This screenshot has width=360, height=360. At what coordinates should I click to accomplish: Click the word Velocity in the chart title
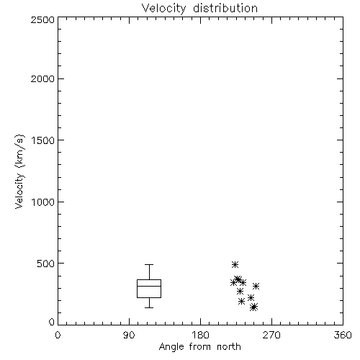tap(163, 9)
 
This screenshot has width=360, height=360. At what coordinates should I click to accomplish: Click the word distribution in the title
tap(225, 8)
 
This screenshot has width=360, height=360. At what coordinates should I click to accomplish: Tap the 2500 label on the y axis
tap(42, 19)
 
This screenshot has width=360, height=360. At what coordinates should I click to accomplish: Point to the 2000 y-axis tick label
tap(42, 78)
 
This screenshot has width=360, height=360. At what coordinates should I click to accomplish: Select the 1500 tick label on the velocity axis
tap(43, 140)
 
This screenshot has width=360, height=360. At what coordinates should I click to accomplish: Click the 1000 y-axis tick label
tap(43, 202)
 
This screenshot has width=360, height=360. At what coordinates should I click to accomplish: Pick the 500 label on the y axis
tap(46, 264)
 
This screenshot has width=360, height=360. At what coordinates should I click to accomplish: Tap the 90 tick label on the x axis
tap(129, 335)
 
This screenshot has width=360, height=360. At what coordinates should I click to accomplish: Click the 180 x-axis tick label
tap(200, 335)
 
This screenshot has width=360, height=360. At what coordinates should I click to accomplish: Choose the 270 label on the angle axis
tap(271, 335)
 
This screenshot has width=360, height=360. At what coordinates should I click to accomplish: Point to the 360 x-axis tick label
tap(343, 335)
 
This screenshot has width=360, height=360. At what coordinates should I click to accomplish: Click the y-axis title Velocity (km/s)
tap(19, 171)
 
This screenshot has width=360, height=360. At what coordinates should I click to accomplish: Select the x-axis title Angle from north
tap(200, 347)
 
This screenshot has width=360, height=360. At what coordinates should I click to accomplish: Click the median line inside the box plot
tap(149, 286)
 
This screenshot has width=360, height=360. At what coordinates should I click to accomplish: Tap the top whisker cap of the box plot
tap(149, 265)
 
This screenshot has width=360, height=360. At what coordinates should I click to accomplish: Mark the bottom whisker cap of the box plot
tap(149, 307)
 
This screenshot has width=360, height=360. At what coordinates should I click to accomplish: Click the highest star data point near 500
tap(235, 265)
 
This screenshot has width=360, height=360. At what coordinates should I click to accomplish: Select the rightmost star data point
tap(256, 286)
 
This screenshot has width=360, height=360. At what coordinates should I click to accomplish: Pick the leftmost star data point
tap(233, 283)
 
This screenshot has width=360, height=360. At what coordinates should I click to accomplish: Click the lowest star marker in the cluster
tap(253, 307)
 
